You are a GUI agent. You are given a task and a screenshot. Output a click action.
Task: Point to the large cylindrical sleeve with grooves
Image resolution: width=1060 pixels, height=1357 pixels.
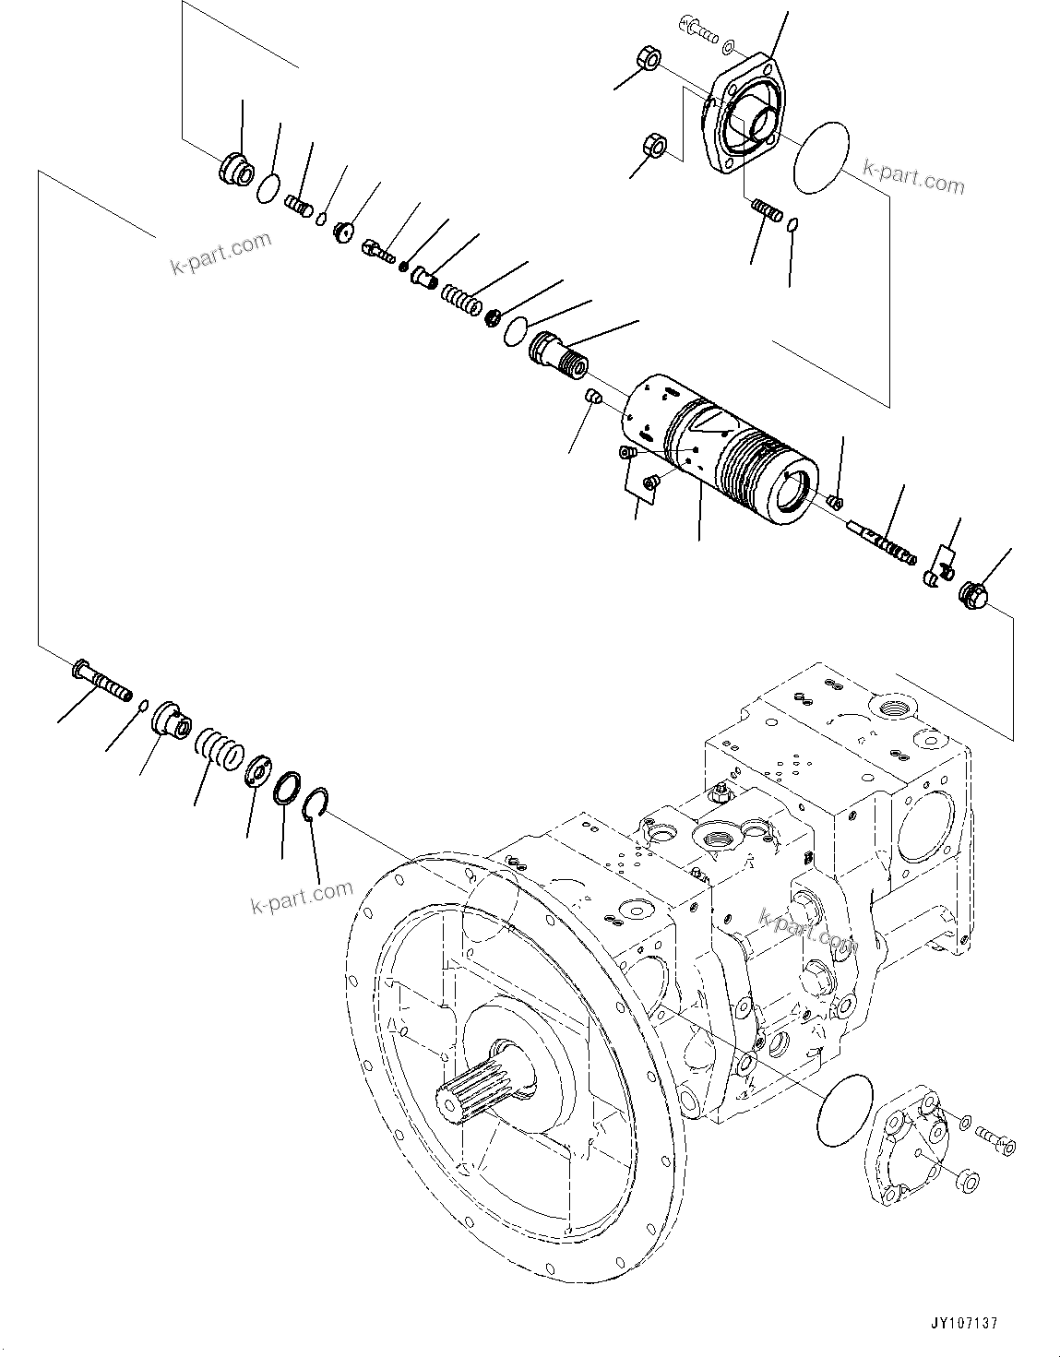click(721, 448)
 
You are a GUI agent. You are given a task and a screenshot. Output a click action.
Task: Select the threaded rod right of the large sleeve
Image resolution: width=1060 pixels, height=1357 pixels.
click(881, 543)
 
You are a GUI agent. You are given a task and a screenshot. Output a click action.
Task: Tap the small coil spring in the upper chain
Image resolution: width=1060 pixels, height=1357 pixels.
click(459, 300)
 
